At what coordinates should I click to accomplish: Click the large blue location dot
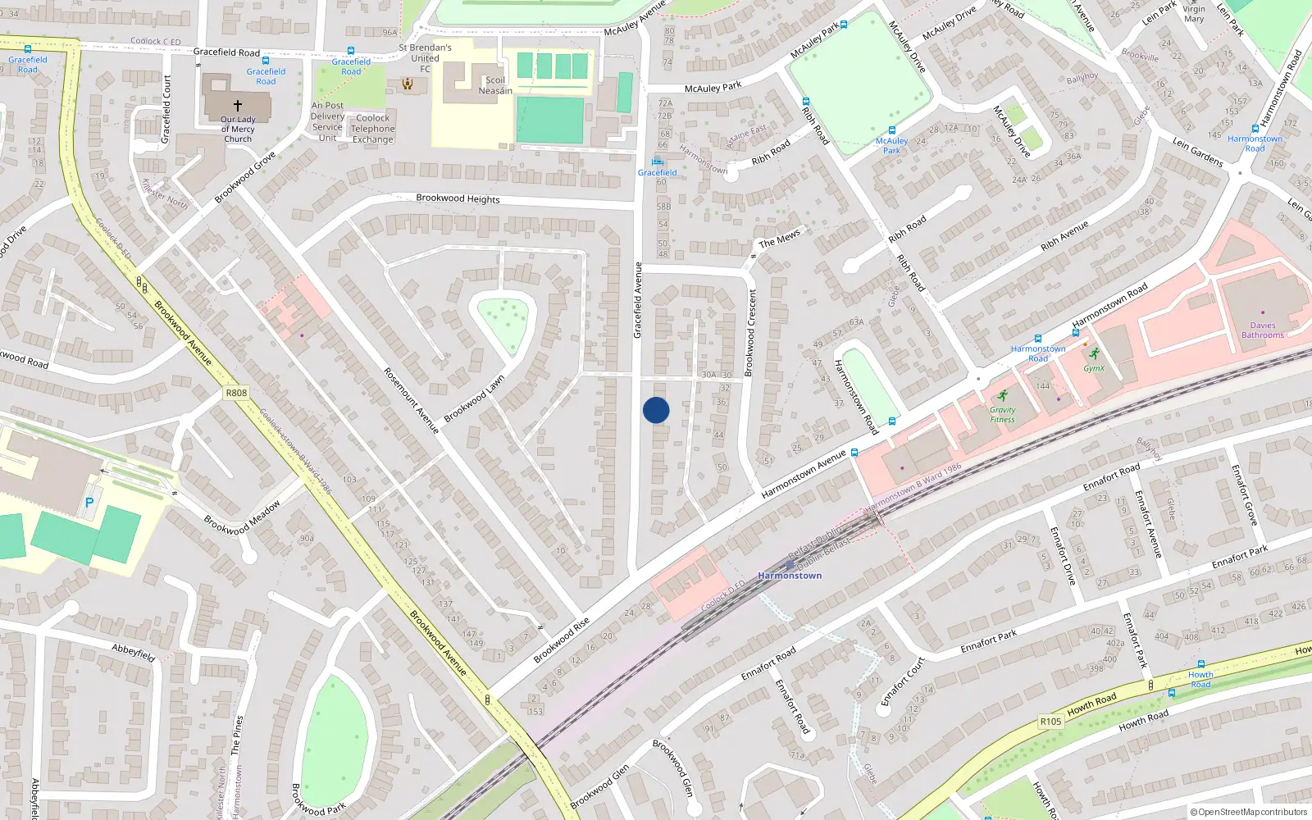point(656,410)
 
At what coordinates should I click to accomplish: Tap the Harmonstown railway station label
point(790,576)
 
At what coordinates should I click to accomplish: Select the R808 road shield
point(236,393)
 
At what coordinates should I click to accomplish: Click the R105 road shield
point(1050,722)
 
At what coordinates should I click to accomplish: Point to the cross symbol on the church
point(238,106)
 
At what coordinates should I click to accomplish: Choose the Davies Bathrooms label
point(1262,330)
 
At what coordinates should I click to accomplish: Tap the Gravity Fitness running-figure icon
point(1002,396)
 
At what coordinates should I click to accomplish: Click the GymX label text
point(1094,368)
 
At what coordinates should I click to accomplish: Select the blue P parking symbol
point(89,503)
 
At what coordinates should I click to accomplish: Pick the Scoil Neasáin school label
point(495,85)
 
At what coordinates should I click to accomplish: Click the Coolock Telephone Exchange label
point(373,129)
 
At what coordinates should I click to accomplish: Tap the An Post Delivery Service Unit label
point(327,121)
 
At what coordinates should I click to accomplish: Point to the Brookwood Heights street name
point(458,198)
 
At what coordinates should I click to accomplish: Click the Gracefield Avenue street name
point(638,300)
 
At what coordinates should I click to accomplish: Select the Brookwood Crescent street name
point(749,333)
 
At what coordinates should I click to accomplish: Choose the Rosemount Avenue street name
point(411,400)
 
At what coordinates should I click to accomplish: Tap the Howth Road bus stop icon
point(1200,664)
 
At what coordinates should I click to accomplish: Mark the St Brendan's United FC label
point(425,58)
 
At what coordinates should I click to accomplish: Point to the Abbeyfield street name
point(134,653)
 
